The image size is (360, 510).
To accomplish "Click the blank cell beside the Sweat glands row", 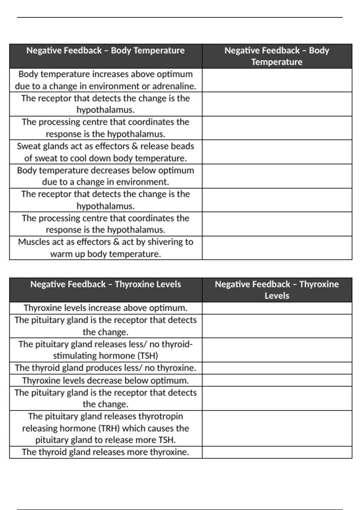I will [x=277, y=152].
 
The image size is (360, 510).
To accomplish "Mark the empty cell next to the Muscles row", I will [x=277, y=248].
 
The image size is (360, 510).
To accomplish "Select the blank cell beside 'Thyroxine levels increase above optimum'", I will [x=277, y=308].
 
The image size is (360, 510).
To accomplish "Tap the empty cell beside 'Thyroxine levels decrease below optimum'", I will [x=277, y=380].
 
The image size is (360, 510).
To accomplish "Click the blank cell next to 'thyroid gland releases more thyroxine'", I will [x=277, y=452].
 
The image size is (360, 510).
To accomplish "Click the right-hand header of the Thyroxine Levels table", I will [x=277, y=290].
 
